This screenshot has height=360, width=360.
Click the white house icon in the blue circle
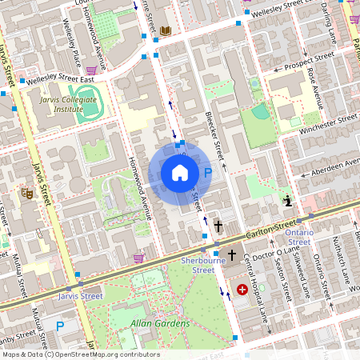tap(180, 173)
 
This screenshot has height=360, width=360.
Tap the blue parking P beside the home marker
tap(207, 173)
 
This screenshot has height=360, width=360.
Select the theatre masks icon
tap(26, 193)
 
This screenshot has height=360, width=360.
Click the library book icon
tap(166, 30)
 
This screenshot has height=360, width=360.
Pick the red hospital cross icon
tap(242, 289)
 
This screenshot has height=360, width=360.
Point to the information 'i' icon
tap(288, 201)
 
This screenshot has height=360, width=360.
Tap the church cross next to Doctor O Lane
tap(232, 254)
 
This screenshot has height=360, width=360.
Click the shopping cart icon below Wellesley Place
tap(92, 70)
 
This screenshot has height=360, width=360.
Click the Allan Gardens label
tap(161, 323)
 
